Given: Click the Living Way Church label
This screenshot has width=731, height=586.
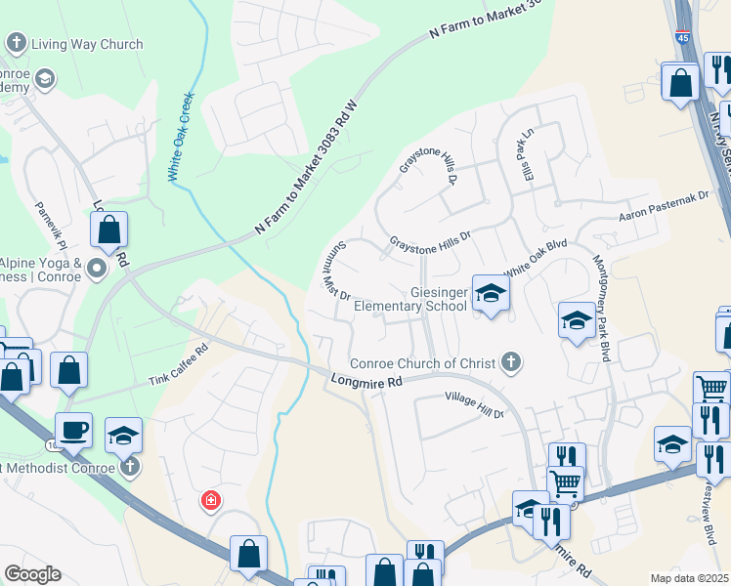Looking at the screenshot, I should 87,44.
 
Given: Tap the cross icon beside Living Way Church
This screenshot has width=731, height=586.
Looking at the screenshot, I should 16,43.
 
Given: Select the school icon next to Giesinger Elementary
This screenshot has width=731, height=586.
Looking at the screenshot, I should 490,292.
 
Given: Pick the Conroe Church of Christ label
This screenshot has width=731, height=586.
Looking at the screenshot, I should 423,363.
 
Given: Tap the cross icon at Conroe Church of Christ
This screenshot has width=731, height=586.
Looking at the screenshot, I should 508,362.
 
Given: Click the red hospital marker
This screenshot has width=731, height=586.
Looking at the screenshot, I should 210,502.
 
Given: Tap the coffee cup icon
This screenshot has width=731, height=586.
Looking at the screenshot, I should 73,429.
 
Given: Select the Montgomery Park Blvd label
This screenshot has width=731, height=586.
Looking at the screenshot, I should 602,309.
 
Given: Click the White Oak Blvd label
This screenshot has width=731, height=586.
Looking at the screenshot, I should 535,260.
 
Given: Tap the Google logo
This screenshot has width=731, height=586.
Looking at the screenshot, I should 31,574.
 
